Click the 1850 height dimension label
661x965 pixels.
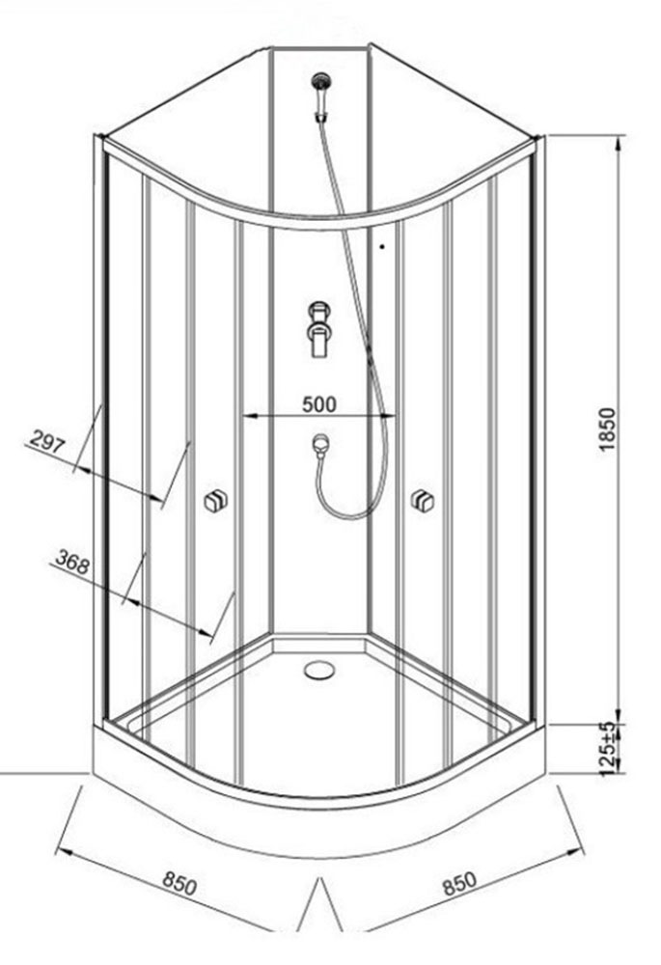tap(607, 429)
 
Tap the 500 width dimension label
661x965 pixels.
tap(319, 404)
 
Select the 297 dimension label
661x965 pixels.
tap(46, 441)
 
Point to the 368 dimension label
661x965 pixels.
tap(72, 562)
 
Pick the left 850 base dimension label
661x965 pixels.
tap(179, 884)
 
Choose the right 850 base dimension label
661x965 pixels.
tap(459, 883)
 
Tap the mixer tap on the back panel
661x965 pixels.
tap(320, 328)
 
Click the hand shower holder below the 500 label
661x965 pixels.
tap(320, 446)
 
